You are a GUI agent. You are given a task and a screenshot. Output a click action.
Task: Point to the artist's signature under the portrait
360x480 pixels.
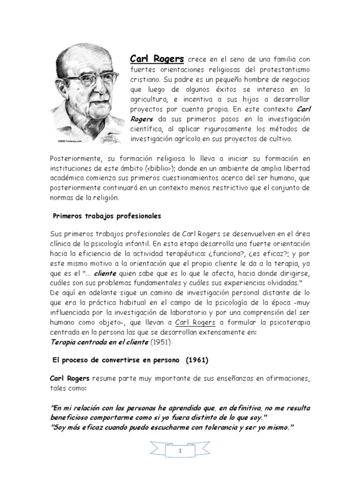click(x=109, y=138)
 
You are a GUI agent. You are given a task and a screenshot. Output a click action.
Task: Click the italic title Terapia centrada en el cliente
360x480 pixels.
click(x=99, y=342)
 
